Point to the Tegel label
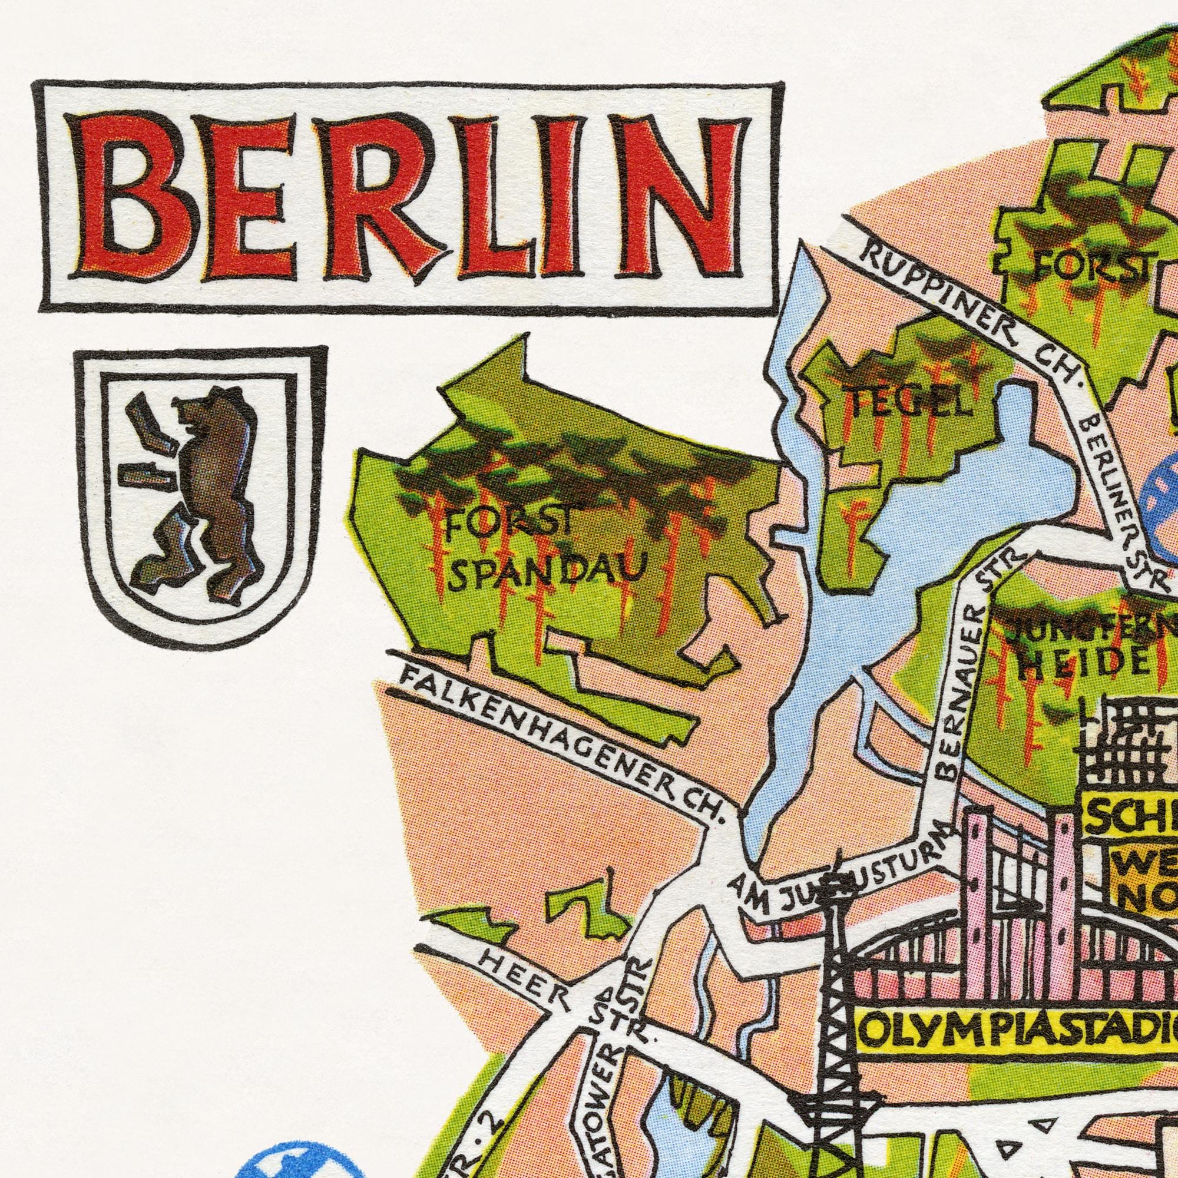pyautogui.click(x=908, y=402)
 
